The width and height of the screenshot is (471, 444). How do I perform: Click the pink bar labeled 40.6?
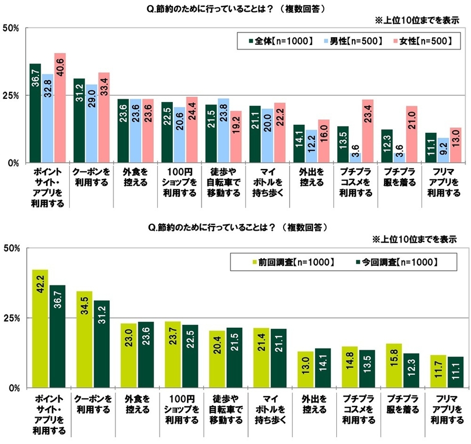click(x=60, y=108)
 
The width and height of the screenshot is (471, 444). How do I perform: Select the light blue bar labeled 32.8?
click(x=48, y=118)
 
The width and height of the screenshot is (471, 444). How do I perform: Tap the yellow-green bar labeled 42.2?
click(x=40, y=329)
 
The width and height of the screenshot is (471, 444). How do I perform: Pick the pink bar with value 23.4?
click(x=368, y=131)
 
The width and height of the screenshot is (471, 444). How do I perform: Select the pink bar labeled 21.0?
click(x=411, y=134)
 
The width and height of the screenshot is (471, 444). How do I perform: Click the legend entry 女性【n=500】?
click(x=422, y=41)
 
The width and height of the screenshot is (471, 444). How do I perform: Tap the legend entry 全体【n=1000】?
click(x=281, y=41)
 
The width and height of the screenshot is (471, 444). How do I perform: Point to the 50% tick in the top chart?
click(x=11, y=28)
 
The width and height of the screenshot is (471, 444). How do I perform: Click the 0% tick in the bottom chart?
click(x=13, y=388)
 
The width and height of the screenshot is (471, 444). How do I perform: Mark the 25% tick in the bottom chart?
click(x=11, y=318)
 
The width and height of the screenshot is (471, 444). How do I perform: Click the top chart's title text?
click(x=235, y=9)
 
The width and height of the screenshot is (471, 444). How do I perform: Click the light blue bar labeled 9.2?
click(x=443, y=150)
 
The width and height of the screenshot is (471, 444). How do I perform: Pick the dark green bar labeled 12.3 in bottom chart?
click(x=411, y=370)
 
